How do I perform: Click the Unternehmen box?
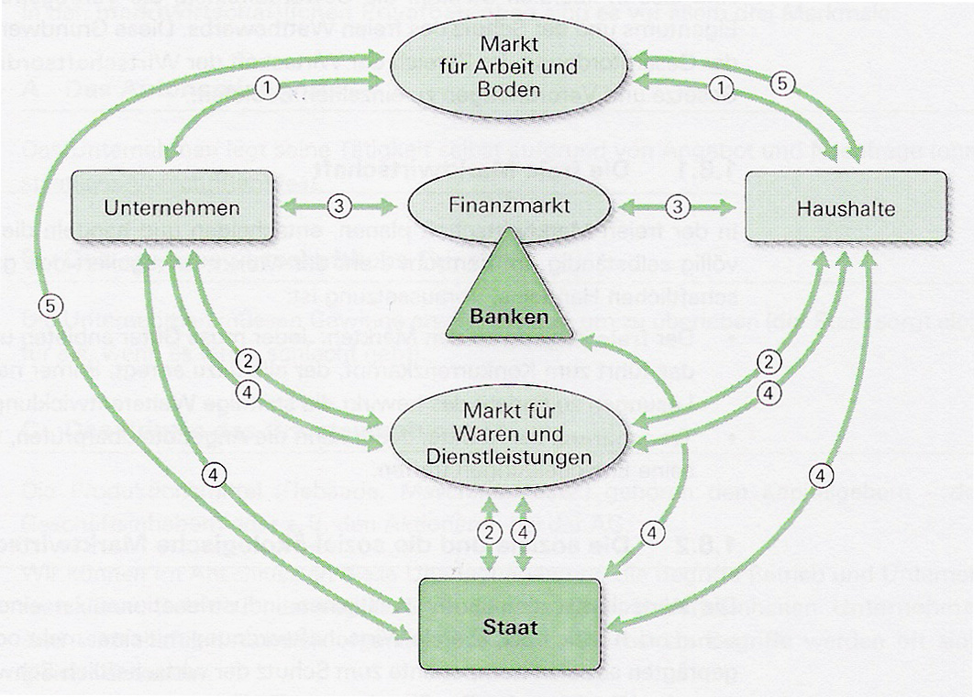coord(172,207)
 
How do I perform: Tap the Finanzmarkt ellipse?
coord(508,206)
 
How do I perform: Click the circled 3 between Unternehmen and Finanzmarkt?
coord(339,206)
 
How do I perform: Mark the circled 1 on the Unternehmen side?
coord(266,87)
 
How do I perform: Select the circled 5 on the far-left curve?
coord(54,308)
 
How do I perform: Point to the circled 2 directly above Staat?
coord(493,532)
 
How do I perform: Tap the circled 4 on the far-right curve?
coord(824,476)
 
